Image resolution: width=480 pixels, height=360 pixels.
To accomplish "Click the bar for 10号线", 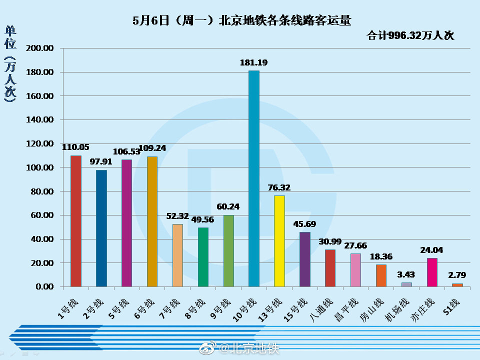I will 254,178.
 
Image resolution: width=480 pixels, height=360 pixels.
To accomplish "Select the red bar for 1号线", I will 75,221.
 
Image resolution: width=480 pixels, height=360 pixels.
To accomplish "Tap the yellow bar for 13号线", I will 279,241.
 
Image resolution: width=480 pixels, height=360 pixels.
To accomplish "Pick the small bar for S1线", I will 457,285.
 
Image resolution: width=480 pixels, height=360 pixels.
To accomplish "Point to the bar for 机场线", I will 406,284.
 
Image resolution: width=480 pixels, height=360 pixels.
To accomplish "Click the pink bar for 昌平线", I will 355,270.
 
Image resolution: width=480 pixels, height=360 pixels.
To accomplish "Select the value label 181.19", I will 254,63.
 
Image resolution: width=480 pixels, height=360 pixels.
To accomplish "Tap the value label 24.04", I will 432,250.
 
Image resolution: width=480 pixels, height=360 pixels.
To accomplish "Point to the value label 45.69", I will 305,224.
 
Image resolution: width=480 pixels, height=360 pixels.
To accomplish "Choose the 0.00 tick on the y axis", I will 44,286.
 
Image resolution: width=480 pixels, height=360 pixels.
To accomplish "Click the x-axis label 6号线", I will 145,309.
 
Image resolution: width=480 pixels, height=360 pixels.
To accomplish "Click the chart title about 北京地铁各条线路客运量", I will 242,20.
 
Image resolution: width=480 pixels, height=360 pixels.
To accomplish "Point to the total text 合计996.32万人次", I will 410,35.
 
